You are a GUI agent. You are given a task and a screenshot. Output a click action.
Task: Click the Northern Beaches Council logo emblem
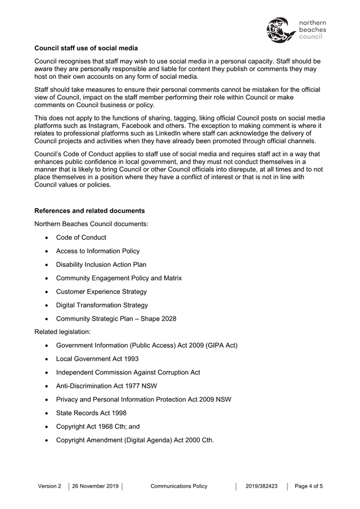pos(281,30)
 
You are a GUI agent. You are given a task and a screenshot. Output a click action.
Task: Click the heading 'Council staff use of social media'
pos(86,48)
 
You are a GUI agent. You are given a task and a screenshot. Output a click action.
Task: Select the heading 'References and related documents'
pos(89,211)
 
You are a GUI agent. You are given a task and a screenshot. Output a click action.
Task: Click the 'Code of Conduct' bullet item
pos(81,237)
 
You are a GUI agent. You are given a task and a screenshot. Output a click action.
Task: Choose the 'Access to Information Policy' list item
pos(98,251)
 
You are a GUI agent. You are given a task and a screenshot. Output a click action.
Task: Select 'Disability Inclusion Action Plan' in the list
pos(101,265)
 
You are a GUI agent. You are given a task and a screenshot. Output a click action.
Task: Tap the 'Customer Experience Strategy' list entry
pos(101,292)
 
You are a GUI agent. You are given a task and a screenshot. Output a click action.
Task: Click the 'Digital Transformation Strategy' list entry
pos(102,305)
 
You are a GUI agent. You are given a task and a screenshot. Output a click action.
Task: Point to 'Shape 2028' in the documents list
pos(158,319)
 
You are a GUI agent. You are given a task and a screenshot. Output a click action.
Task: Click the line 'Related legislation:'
pos(62,332)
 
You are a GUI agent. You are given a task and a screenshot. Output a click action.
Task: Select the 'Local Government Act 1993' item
pos(97,359)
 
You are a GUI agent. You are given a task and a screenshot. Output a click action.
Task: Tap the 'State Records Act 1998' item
pos(91,413)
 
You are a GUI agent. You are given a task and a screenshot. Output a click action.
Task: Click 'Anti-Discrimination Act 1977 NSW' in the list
pos(107,386)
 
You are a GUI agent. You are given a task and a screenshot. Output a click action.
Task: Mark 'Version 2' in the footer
pos(50,486)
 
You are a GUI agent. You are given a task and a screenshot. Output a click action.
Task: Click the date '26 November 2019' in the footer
pos(95,486)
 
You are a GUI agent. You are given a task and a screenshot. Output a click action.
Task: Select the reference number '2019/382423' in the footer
pos(261,486)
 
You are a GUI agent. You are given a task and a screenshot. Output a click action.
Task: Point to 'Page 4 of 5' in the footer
pos(309,486)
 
